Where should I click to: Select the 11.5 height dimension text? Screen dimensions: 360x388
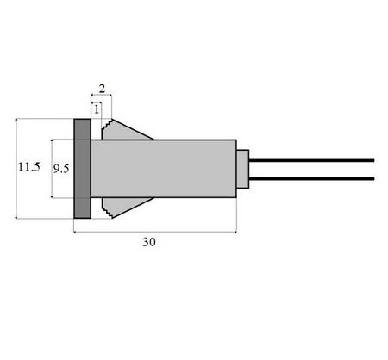click(29, 167)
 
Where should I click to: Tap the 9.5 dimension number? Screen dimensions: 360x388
click(61, 169)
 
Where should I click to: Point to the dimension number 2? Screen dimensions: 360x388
click(102, 89)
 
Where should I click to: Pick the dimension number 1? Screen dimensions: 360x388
click(97, 108)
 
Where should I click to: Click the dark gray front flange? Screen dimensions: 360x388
click(82, 168)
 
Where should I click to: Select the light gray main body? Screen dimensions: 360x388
click(164, 168)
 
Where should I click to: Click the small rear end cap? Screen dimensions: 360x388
click(243, 168)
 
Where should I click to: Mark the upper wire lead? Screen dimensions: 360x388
click(310, 159)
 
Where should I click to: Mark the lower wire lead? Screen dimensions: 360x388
click(310, 178)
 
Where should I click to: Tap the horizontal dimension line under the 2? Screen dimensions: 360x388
click(102, 97)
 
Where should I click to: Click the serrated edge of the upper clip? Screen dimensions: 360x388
click(106, 129)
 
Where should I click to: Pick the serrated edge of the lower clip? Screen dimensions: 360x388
click(106, 208)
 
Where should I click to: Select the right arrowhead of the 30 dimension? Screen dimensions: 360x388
click(234, 232)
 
